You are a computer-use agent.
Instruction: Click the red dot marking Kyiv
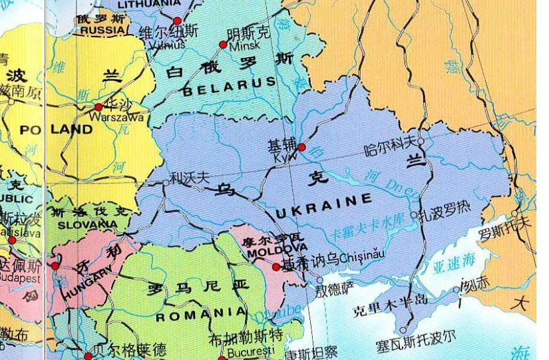(301, 146)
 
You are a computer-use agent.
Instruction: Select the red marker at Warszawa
(98, 106)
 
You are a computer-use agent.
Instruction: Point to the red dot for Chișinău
(276, 266)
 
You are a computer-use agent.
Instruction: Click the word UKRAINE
(324, 207)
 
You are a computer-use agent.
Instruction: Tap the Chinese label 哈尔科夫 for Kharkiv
(390, 142)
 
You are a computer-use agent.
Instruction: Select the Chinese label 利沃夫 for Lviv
(190, 178)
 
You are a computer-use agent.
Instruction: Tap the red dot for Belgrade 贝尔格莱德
(88, 356)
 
